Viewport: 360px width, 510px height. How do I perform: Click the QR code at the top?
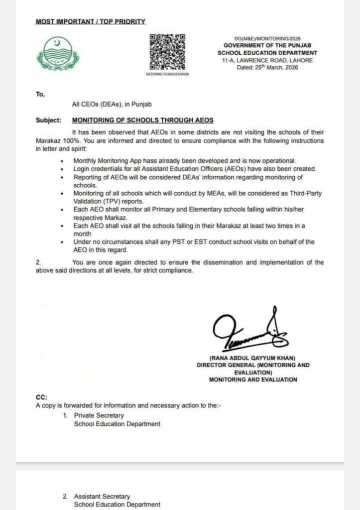tap(167, 51)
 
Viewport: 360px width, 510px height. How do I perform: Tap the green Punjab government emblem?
tap(58, 53)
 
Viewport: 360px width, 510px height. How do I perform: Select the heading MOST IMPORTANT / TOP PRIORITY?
tap(91, 22)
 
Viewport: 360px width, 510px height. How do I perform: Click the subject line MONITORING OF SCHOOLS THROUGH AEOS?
tap(143, 120)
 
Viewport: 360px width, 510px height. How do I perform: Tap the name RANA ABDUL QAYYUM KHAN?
tap(252, 358)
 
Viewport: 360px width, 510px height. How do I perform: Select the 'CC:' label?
tap(41, 397)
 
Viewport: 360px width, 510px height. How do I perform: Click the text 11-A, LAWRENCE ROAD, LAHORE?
tap(267, 60)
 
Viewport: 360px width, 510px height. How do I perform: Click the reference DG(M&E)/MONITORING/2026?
tap(267, 38)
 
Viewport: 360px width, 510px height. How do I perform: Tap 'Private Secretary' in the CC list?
tap(99, 415)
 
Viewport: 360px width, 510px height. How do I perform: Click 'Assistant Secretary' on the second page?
tap(102, 496)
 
